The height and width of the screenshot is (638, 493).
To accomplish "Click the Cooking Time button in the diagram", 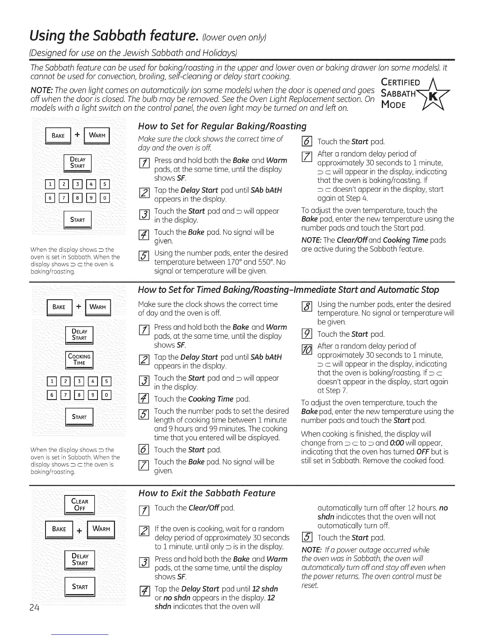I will [79, 359].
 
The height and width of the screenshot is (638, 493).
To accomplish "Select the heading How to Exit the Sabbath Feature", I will [207, 493].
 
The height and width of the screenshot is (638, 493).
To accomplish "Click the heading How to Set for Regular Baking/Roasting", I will [222, 126].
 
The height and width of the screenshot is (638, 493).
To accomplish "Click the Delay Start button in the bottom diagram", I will [79, 560].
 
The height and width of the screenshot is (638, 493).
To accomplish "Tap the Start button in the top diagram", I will [78, 220].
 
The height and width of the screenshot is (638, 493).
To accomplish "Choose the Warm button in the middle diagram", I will [97, 307].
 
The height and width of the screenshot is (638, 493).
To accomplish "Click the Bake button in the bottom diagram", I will [60, 529].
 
